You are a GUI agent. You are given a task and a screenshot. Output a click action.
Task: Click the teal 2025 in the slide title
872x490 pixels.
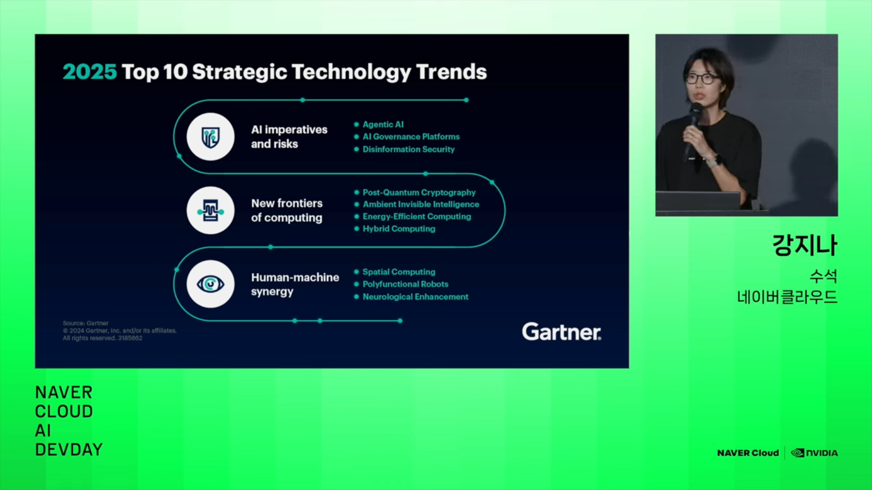click(89, 72)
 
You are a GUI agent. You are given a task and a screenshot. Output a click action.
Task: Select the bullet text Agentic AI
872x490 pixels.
click(383, 125)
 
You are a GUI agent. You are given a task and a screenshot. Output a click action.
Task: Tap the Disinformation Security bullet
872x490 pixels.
click(408, 149)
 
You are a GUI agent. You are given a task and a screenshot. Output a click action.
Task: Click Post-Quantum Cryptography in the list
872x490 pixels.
click(419, 193)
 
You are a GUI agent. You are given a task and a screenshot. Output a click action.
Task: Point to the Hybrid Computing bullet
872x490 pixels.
click(399, 229)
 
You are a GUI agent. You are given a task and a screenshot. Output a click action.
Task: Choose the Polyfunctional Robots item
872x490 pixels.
click(405, 284)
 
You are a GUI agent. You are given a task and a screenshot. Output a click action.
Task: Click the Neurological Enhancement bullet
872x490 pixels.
click(415, 297)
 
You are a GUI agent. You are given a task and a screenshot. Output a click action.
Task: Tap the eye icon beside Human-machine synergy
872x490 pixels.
click(210, 284)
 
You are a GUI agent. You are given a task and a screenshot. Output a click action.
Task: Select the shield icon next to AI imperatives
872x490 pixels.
click(210, 137)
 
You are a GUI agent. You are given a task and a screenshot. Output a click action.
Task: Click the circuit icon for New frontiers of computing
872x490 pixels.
click(210, 211)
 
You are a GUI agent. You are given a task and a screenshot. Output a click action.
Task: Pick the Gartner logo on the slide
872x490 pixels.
click(561, 332)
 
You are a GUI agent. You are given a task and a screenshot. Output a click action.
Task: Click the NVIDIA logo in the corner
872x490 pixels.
click(814, 453)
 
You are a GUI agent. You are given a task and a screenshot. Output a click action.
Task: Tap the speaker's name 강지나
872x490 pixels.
click(805, 245)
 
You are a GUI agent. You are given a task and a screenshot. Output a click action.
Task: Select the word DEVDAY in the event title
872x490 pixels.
click(69, 450)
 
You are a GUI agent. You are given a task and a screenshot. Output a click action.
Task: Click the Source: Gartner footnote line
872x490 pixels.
click(85, 323)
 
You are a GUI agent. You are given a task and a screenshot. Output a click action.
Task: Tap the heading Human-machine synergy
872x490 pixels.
click(295, 284)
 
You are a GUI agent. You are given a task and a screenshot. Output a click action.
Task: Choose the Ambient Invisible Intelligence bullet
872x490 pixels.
click(420, 205)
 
